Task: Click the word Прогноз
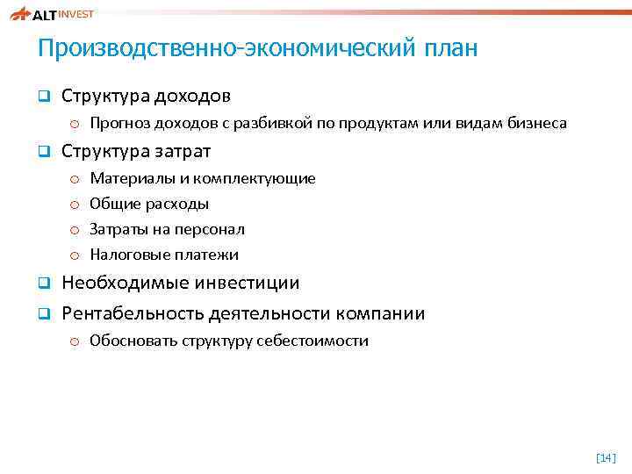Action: click(118, 124)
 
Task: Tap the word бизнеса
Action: click(537, 124)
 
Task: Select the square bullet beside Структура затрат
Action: click(41, 152)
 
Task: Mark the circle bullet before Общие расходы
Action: click(75, 205)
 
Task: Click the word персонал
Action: click(213, 229)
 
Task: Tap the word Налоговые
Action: click(126, 255)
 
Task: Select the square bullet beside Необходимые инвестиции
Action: click(41, 284)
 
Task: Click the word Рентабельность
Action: click(133, 313)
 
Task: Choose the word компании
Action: click(384, 313)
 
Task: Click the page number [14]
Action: click(605, 456)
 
